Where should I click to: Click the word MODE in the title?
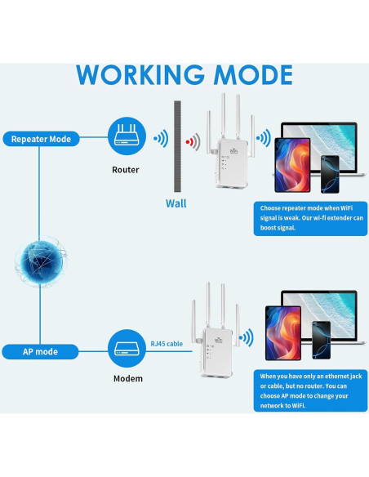coord(251,74)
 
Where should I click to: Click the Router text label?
coord(126,170)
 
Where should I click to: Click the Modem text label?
coord(127,378)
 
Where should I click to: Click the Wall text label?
coord(176,203)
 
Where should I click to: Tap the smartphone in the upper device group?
coord(329,172)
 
